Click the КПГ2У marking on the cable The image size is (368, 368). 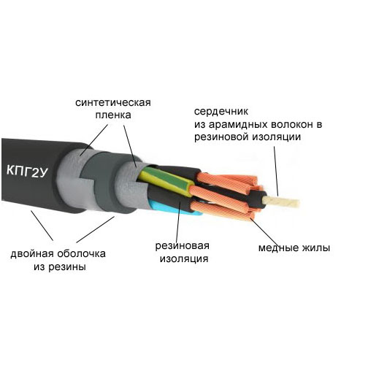pos(27,172)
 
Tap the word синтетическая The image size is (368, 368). pos(113,102)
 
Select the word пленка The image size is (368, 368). pos(113,115)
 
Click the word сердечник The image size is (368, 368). pos(221,112)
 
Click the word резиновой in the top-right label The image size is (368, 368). pos(221,137)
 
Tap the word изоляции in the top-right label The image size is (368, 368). pos(277,137)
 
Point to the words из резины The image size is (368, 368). pos(60,267)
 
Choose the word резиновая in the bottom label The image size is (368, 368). pos(183,245)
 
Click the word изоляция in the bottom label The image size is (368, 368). pos(184,258)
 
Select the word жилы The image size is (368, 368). pos(316,248)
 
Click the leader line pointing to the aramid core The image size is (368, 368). pos(276,171)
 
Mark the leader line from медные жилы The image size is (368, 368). pos(264,231)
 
